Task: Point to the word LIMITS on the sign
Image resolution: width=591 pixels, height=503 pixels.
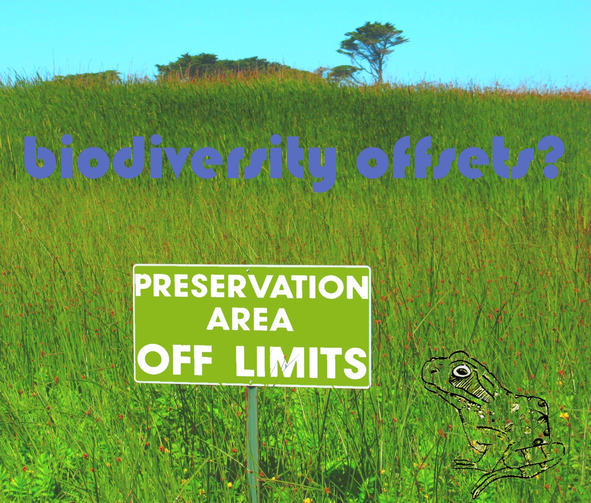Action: [x=301, y=361]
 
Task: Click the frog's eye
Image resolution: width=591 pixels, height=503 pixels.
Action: [x=462, y=371]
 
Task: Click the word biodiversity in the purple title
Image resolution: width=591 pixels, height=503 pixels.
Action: [x=180, y=161]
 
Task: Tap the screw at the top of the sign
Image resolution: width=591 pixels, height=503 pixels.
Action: [x=248, y=270]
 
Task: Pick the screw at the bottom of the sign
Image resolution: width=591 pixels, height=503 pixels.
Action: [x=251, y=381]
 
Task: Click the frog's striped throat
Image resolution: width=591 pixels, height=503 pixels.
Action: [x=471, y=390]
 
